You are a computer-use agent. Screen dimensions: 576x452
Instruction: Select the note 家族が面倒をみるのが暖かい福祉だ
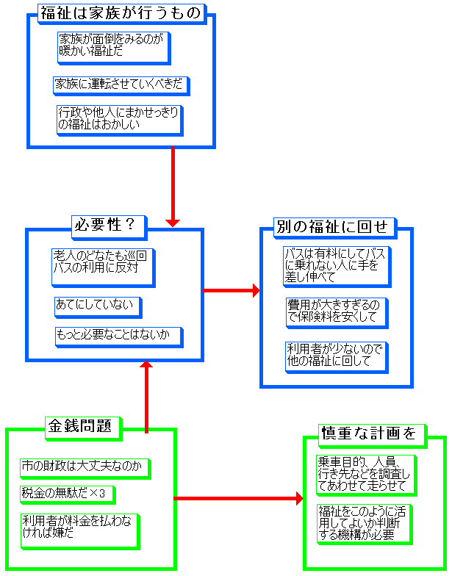click(112, 46)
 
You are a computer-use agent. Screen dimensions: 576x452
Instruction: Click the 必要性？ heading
click(107, 225)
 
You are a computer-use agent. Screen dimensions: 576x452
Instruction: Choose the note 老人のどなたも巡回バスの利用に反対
click(102, 264)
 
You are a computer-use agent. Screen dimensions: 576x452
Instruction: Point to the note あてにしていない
click(96, 303)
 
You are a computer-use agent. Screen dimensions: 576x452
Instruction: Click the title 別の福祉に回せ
click(331, 226)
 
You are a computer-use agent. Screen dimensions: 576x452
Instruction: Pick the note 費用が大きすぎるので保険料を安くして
click(335, 311)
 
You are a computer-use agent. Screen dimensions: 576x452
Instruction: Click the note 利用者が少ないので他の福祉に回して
click(335, 355)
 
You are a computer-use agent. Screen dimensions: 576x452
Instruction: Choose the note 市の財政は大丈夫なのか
click(84, 467)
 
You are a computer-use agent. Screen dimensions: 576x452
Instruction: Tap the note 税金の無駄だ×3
click(68, 493)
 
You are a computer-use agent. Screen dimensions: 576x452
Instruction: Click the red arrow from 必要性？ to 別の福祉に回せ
click(231, 291)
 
